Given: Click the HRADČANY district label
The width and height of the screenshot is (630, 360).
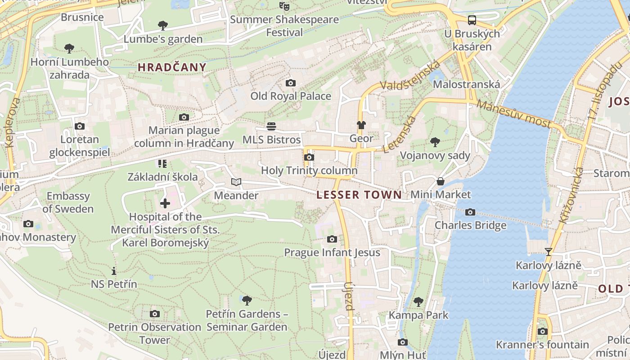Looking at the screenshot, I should coord(172,67).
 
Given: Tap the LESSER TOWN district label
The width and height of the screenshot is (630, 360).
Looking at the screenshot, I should coord(359,195).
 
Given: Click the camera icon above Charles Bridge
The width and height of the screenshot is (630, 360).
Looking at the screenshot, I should coord(470,212).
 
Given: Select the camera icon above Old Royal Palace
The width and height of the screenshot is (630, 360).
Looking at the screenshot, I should coord(291,83).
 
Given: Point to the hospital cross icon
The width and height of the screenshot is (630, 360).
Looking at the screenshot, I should coord(165,203).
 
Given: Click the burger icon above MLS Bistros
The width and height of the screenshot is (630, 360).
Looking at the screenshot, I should coord(271,126).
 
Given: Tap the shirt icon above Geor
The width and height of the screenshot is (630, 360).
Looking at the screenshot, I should coord(361,125).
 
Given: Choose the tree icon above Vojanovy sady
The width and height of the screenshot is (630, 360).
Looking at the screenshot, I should coord(435,142).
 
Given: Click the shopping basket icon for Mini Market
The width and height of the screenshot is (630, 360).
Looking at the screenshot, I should coord(441,181).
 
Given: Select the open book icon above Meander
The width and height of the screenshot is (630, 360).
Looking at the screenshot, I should coord(236,182).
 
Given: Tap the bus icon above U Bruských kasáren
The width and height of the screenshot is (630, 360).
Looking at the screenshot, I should coord(472,20).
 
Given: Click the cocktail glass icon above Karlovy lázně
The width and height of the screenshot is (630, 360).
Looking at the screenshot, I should coord(548,252).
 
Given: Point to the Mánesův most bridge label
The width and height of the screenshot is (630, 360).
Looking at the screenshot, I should coord(513,114).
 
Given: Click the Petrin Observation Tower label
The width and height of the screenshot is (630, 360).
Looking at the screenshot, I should coord(154,333).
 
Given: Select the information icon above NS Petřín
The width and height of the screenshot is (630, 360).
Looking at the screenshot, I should coord(114,271).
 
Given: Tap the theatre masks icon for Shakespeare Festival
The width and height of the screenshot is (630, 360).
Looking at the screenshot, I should coord(284,6).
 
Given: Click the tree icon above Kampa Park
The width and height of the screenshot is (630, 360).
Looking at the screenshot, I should coord(418,301).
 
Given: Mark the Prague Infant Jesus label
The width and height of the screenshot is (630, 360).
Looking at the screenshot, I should coord(332,252).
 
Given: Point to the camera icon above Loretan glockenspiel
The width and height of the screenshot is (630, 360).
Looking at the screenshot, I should coord(80,126).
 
